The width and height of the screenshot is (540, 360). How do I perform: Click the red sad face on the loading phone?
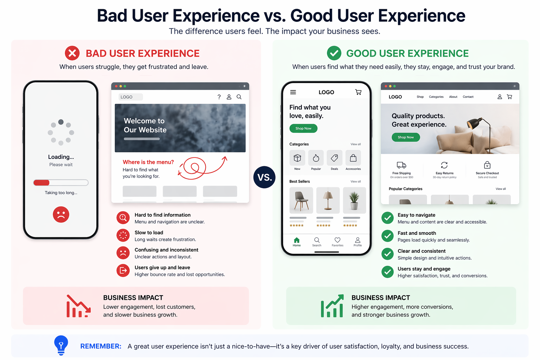61,214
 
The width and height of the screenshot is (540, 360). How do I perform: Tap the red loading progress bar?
41,182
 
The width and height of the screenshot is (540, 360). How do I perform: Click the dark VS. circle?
264,177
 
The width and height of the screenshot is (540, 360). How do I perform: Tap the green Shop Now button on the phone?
303,128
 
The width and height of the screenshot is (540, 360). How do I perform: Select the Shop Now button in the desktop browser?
406,137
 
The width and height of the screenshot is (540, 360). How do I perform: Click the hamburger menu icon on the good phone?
293,92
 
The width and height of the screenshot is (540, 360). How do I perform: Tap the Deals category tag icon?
334,158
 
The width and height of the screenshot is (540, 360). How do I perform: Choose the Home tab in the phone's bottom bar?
296,242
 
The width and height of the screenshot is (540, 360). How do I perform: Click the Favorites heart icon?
337,240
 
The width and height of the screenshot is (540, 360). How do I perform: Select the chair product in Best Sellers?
301,200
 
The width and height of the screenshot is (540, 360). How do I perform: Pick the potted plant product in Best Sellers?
354,200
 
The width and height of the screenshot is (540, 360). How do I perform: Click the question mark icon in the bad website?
219,97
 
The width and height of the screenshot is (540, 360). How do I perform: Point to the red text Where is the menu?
148,162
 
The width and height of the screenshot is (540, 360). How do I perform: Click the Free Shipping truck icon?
401,165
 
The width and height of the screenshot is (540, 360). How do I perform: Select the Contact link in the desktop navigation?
468,97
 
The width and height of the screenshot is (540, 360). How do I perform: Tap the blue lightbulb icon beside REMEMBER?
61,345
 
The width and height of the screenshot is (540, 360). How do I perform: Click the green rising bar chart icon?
332,306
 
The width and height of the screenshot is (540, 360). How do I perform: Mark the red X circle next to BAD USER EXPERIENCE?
72,53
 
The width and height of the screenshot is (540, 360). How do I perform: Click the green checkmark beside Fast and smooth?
387,236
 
